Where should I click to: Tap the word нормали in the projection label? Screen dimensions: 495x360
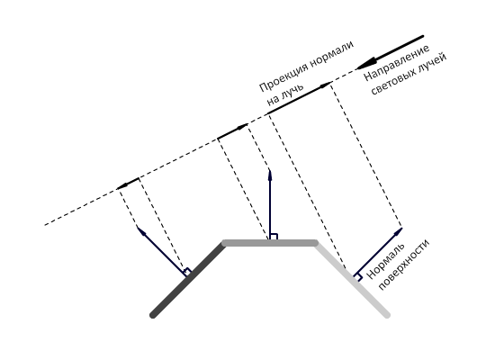pyautogui.click(x=331, y=54)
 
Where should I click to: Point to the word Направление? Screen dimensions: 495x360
pyautogui.click(x=396, y=62)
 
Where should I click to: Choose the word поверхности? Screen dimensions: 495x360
pyautogui.click(x=404, y=265)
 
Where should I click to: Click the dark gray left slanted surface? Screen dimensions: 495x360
pyautogui.click(x=188, y=279)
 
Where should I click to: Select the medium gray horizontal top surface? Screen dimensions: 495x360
pyautogui.click(x=270, y=243)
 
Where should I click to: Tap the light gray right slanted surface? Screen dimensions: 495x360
pyautogui.click(x=352, y=279)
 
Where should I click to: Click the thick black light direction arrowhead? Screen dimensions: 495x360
pyautogui.click(x=365, y=64)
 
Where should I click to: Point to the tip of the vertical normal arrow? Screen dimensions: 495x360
pyautogui.click(x=270, y=168)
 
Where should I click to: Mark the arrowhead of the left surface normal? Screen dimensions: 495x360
pyautogui.click(x=141, y=230)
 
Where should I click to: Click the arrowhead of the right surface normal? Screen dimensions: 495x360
pyautogui.click(x=398, y=231)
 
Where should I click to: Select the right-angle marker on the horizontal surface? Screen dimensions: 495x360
pyautogui.click(x=274, y=237)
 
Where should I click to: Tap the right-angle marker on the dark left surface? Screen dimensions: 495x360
pyautogui.click(x=187, y=272)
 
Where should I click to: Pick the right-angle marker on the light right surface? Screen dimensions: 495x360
pyautogui.click(x=358, y=277)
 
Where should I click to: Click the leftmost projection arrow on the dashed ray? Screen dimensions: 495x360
pyautogui.click(x=128, y=184)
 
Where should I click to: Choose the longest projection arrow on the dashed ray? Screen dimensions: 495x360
pyautogui.click(x=300, y=97)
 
